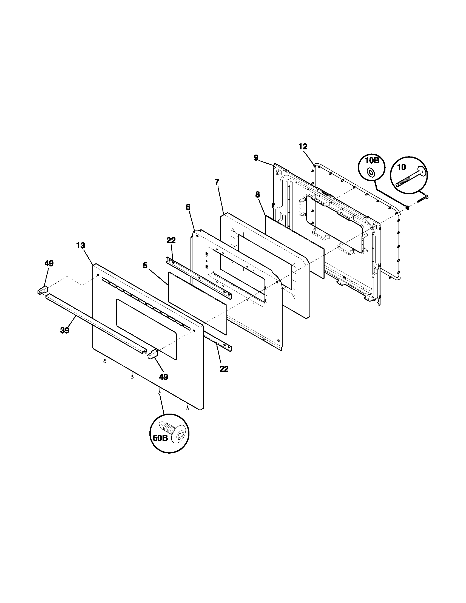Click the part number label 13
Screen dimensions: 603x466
click(x=81, y=246)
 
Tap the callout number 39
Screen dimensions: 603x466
click(x=65, y=331)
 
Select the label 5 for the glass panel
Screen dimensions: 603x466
click(x=145, y=266)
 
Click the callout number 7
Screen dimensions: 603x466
click(x=217, y=182)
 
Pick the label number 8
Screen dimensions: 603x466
click(x=257, y=195)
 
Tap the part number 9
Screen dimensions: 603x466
click(x=256, y=158)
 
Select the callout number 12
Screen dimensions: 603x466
click(x=303, y=147)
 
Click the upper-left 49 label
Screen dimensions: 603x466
click(x=49, y=263)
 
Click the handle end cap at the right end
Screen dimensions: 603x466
click(x=152, y=354)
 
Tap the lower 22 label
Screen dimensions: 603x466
click(x=224, y=369)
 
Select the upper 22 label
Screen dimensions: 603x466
click(x=171, y=240)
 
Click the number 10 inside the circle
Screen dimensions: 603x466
click(x=402, y=167)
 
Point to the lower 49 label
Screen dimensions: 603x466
click(x=164, y=377)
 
